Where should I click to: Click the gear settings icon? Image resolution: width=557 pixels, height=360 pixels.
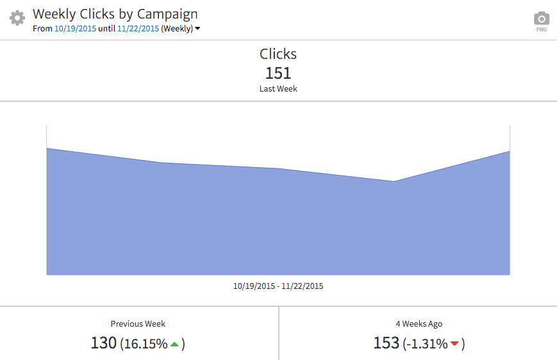(17, 18)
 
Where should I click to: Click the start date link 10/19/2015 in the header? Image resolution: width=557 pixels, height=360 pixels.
(75, 29)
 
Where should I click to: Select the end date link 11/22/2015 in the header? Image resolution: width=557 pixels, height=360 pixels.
(138, 29)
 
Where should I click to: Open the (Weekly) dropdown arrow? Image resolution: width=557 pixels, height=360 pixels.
(197, 29)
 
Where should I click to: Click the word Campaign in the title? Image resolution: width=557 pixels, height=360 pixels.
(165, 13)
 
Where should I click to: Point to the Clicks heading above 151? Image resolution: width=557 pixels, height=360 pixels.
(278, 54)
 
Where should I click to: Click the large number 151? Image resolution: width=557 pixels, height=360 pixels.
(278, 73)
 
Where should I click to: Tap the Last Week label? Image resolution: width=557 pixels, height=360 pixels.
(278, 89)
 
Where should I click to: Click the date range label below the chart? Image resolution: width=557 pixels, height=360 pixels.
(278, 286)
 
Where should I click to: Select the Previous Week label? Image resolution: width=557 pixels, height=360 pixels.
(138, 324)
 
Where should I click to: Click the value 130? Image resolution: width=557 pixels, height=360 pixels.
(103, 343)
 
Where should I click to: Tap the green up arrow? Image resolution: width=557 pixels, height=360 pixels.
(174, 344)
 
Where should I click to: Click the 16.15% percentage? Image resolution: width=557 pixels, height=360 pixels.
(145, 344)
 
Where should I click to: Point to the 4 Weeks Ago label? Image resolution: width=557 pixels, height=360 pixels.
(419, 324)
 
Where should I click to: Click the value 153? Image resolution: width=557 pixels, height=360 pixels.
(386, 343)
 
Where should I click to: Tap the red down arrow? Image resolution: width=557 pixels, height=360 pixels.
(455, 345)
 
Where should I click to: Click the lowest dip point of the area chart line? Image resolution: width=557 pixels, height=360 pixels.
(394, 181)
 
